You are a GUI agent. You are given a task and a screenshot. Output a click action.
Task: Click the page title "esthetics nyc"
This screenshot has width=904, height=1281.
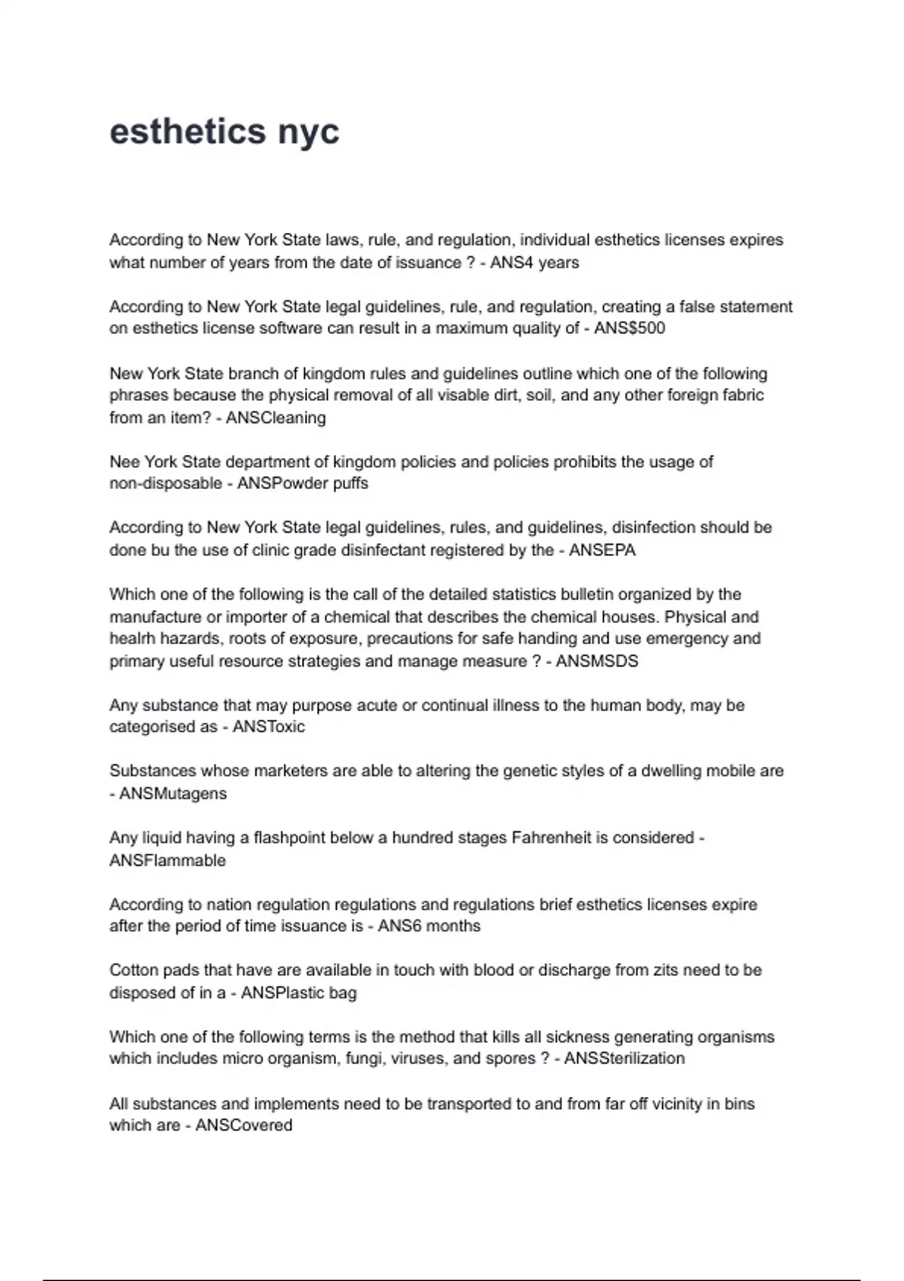[224, 132]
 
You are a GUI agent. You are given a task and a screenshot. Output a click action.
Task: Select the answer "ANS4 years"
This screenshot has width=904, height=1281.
[534, 262]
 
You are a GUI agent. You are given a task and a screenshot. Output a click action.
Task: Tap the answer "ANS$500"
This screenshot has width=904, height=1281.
[629, 329]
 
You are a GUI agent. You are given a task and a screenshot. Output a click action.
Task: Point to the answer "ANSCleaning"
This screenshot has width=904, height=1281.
[276, 417]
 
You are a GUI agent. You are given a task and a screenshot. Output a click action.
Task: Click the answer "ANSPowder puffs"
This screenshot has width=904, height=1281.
[303, 483]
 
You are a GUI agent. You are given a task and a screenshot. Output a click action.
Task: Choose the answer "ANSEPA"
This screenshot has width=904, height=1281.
[602, 550]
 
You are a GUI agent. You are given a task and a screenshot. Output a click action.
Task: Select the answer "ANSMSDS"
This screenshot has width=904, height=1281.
[597, 661]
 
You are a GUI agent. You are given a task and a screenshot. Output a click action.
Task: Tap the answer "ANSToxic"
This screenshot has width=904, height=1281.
[269, 727]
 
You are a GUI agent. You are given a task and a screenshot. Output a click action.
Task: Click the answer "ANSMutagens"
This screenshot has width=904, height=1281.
[173, 793]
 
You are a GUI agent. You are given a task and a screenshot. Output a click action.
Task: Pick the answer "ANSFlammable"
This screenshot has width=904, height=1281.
[168, 861]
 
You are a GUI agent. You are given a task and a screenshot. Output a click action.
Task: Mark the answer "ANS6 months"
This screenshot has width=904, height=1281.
[429, 926]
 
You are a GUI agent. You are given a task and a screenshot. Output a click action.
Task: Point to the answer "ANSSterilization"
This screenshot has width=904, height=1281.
[625, 1059]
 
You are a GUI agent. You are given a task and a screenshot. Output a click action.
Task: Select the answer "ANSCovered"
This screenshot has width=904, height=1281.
[244, 1126]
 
